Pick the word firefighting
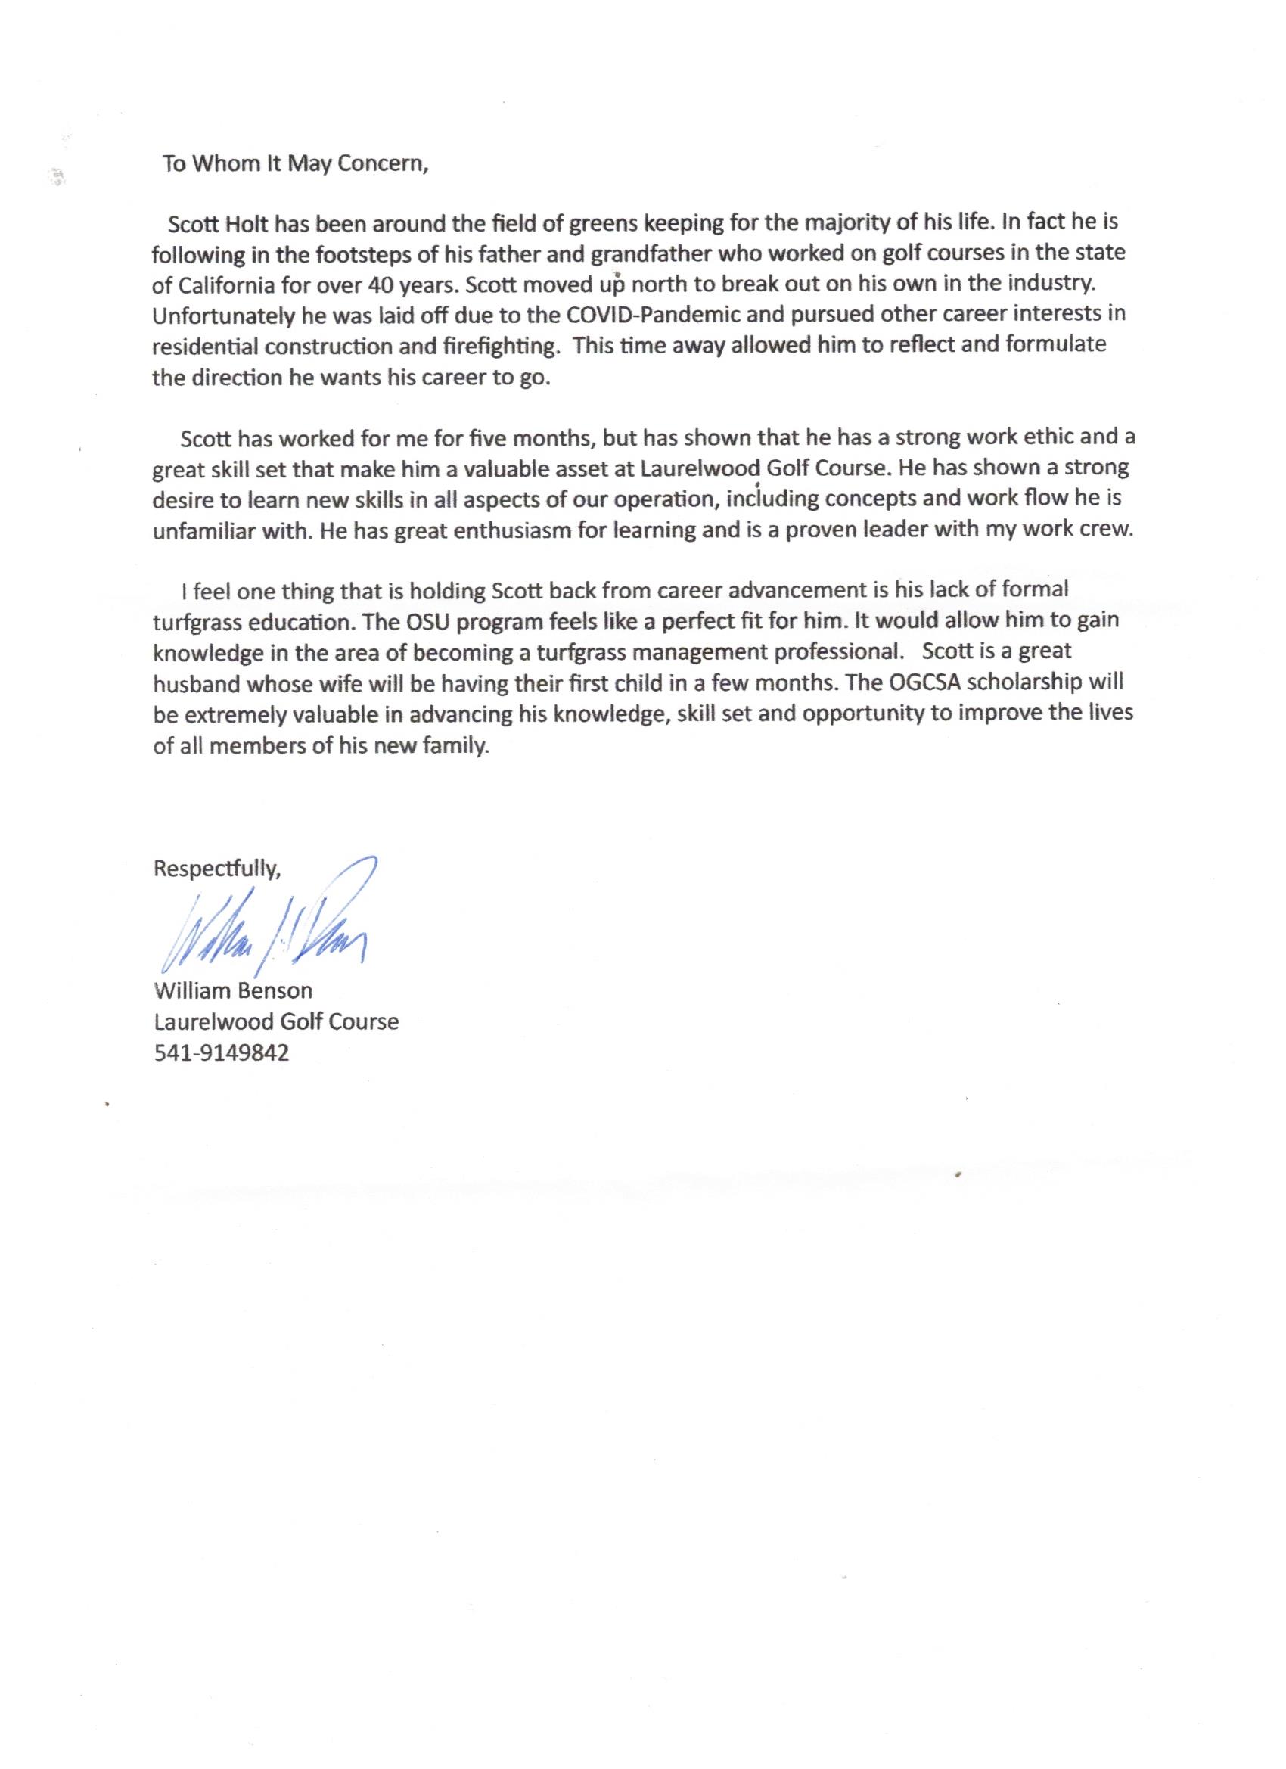pos(503,347)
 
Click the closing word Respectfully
pos(217,869)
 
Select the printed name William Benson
pos(233,991)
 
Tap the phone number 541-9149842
pos(222,1054)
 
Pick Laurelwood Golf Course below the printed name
pos(276,1022)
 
